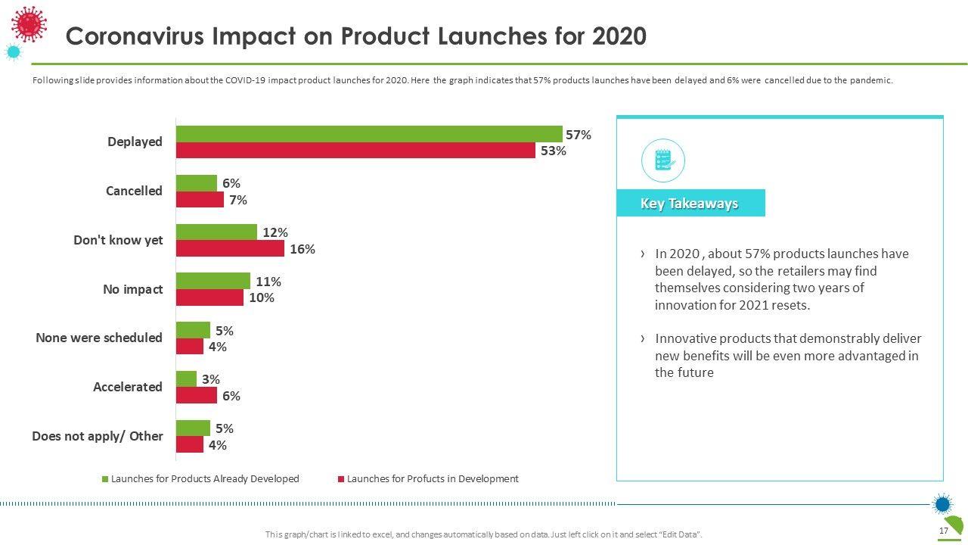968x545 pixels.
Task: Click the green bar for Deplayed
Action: tap(369, 134)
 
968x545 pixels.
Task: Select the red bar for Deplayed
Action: tap(355, 151)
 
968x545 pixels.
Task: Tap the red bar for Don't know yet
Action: tap(230, 248)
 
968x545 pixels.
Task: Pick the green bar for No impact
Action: tap(213, 281)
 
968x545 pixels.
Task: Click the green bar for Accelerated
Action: tap(186, 378)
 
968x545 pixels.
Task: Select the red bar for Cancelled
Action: tap(200, 200)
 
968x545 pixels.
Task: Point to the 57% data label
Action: tap(579, 135)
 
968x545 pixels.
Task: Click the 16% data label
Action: tap(302, 249)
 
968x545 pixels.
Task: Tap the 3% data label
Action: tap(211, 379)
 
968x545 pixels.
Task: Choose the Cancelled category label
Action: tap(134, 191)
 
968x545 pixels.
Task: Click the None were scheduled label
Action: tap(99, 338)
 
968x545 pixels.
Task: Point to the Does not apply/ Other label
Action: tap(98, 436)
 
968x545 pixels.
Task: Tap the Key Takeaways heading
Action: tap(689, 203)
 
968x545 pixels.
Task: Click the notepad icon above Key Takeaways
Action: tap(662, 160)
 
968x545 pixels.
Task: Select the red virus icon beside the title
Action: tap(29, 23)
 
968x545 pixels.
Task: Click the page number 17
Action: tap(943, 531)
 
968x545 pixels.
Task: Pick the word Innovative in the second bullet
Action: tap(688, 338)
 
